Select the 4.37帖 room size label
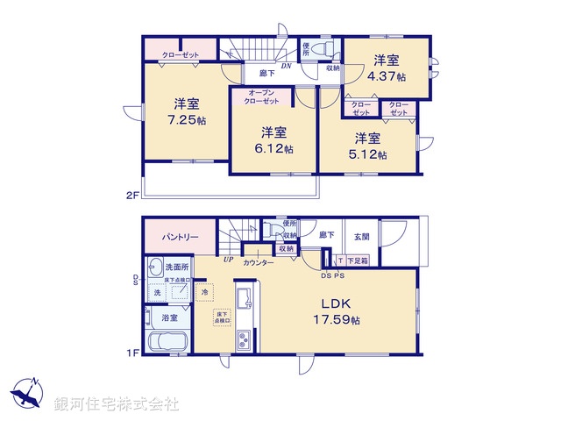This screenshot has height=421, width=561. pos(387,76)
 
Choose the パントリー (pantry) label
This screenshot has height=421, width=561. pos(179,237)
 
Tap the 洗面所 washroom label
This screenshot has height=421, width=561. pos(176,266)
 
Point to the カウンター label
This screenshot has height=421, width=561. pos(259,262)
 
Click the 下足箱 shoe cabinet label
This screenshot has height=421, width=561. pos(357,260)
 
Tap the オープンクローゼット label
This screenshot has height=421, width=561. pos(264,96)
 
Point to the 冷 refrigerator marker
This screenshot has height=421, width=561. pos(204,292)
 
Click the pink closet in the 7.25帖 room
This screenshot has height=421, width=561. pos(180,54)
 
